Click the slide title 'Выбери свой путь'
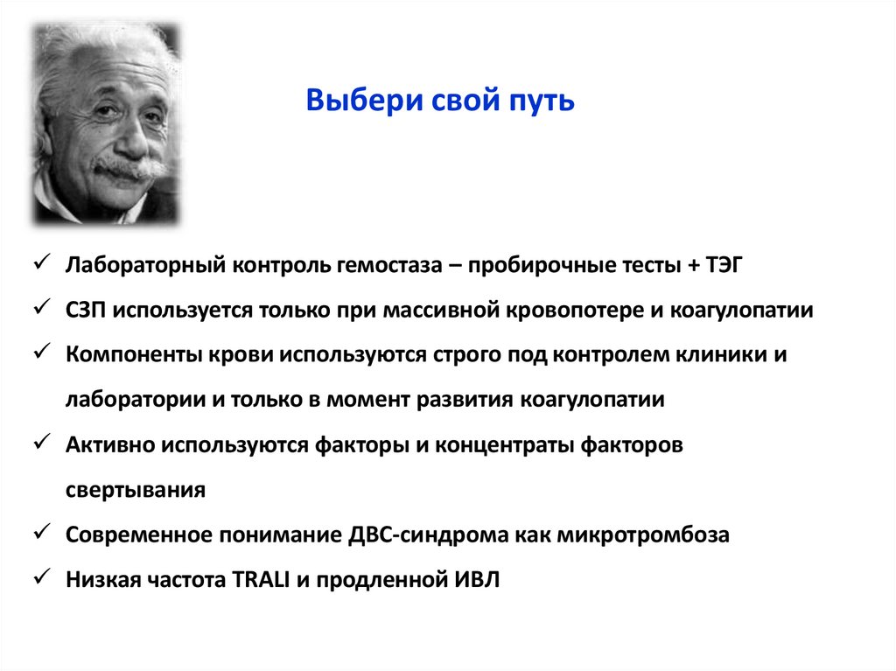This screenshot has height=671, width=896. [440, 101]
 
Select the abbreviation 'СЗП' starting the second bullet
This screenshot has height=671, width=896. [86, 310]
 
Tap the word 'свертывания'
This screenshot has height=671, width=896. [135, 490]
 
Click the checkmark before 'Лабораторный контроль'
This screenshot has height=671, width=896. [41, 263]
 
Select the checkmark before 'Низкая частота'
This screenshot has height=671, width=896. [41, 578]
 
